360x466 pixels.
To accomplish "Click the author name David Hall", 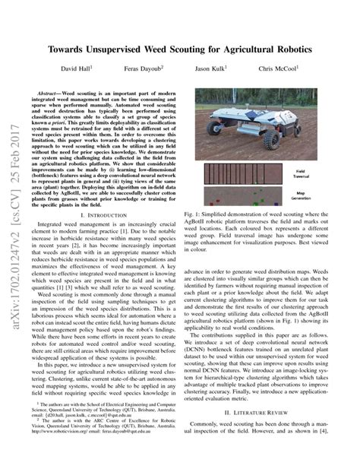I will pos(78,68).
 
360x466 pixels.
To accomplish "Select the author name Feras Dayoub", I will pos(142,68).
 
